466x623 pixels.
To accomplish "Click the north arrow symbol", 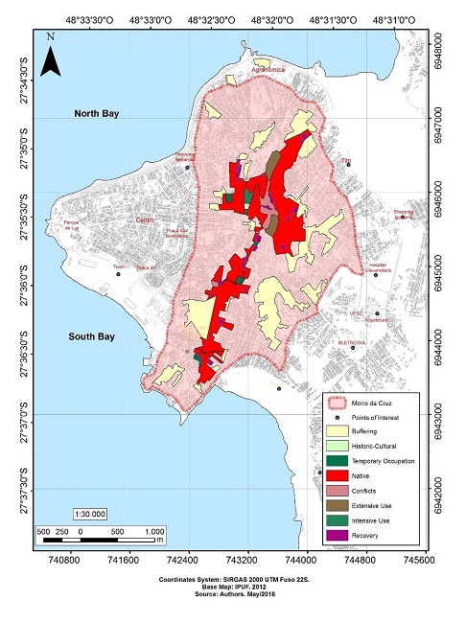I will coord(55,56).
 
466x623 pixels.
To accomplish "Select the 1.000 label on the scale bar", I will coord(153,530).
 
